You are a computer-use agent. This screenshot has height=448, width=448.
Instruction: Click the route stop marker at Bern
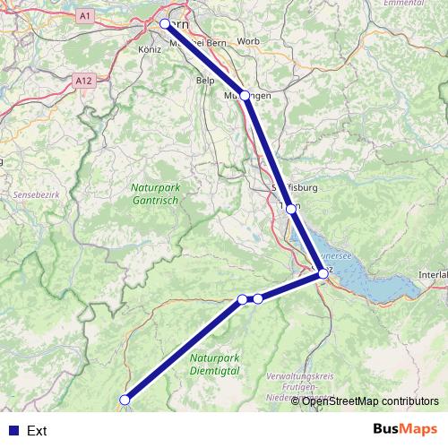coord(165,24)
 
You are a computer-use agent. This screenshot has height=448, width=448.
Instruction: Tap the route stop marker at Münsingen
coord(246,95)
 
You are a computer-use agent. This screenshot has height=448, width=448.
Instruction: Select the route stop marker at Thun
coord(291,209)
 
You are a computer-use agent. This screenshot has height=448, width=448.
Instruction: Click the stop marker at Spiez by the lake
coord(323,274)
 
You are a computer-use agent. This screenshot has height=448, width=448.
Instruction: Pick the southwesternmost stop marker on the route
coord(125,400)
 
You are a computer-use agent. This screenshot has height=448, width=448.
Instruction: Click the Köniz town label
coord(151,48)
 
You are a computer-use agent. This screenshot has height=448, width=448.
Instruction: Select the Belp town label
coord(205,79)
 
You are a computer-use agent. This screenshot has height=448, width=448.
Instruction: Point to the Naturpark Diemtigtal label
coord(216,363)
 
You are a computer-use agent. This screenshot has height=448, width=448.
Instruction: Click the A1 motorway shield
coord(85,16)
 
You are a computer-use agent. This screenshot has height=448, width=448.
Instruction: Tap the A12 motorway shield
coord(84,81)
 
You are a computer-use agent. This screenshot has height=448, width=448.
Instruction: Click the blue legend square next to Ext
coord(12,431)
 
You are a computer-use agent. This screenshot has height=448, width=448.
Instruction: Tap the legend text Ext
coord(37,431)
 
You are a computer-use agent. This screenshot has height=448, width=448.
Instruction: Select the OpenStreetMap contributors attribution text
coord(370,401)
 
